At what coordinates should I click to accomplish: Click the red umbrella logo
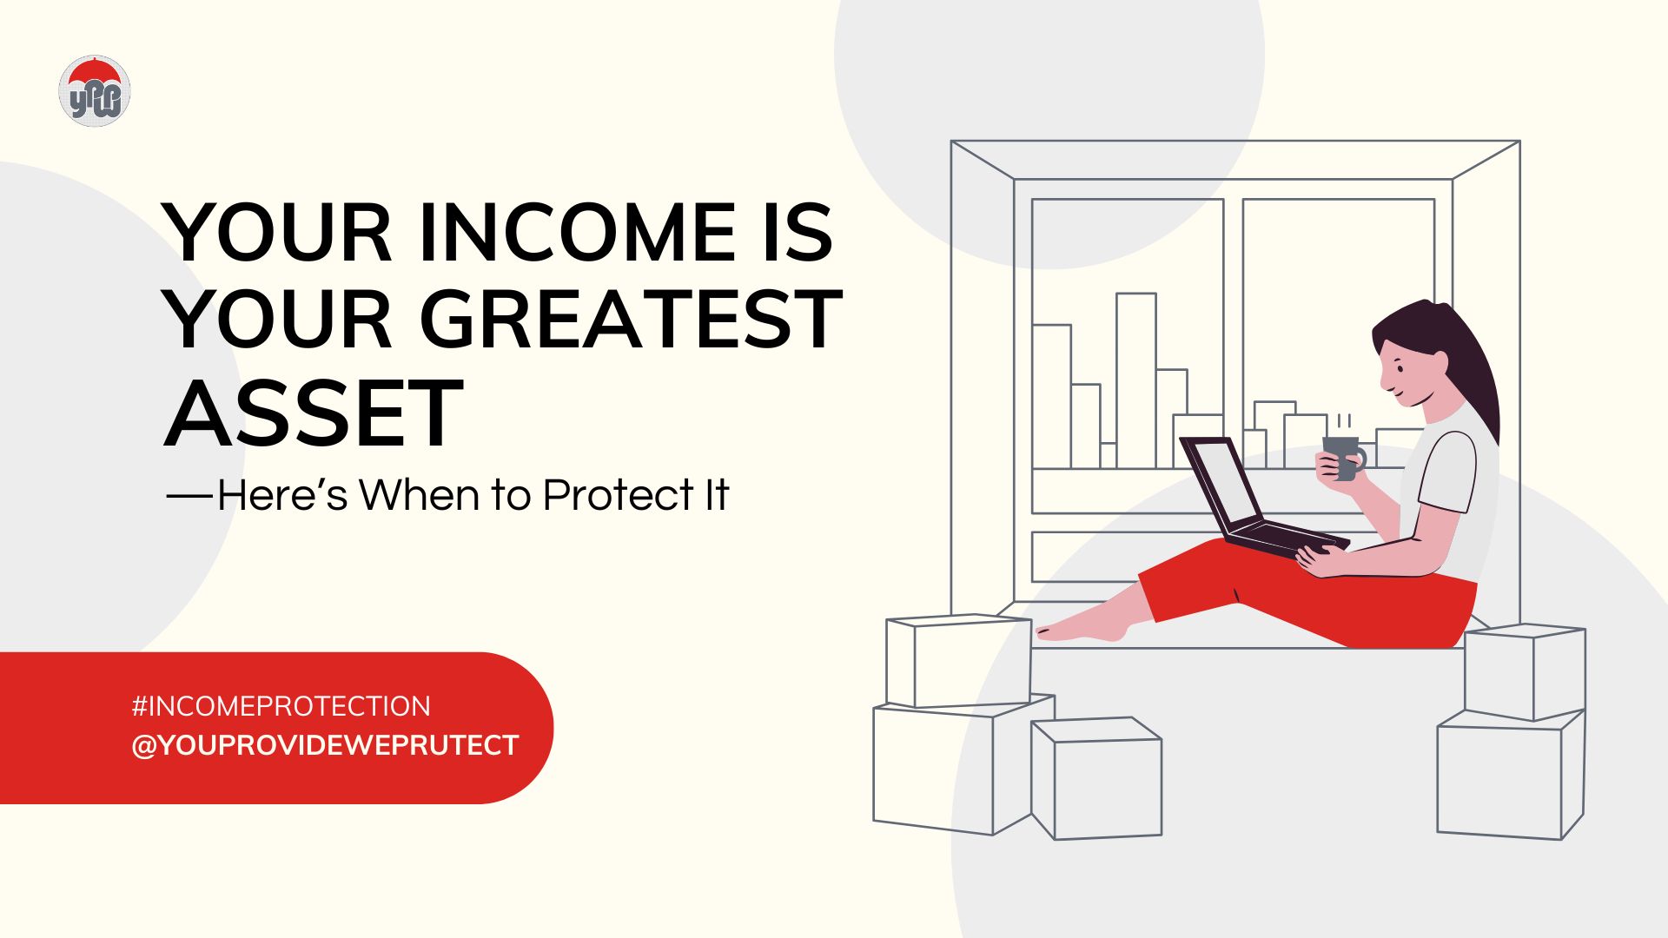[95, 90]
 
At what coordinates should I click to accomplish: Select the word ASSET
[313, 414]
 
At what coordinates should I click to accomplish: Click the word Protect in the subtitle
[618, 495]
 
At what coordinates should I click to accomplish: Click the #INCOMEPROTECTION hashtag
[281, 706]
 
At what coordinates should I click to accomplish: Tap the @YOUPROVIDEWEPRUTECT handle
[325, 745]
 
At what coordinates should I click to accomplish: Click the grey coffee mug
[1341, 457]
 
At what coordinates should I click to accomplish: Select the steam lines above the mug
[1344, 422]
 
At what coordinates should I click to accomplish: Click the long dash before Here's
[189, 495]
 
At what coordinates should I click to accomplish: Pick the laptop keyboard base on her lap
[1286, 538]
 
